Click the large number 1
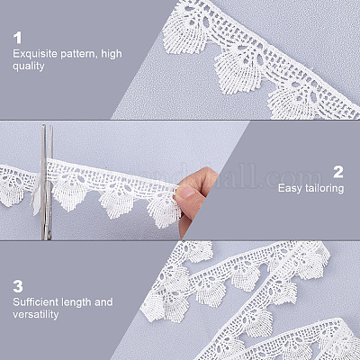coord(18,39)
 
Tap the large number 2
coord(338,172)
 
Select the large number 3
coord(18,286)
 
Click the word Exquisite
coord(35,54)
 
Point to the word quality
coord(29,67)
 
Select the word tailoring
coord(324,189)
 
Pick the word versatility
coord(36,314)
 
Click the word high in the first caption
coord(112,54)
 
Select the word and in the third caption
coord(103,302)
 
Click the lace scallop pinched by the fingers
coord(164,210)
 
